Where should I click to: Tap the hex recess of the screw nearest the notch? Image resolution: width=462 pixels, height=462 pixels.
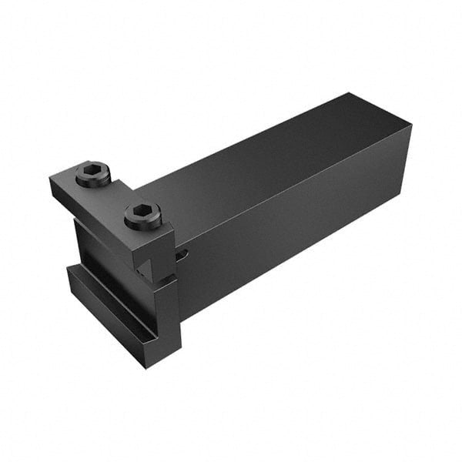pos(141,210)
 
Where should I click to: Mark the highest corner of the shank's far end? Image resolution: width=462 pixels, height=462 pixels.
pos(352,94)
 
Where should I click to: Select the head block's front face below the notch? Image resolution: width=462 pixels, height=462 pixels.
pos(166,308)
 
